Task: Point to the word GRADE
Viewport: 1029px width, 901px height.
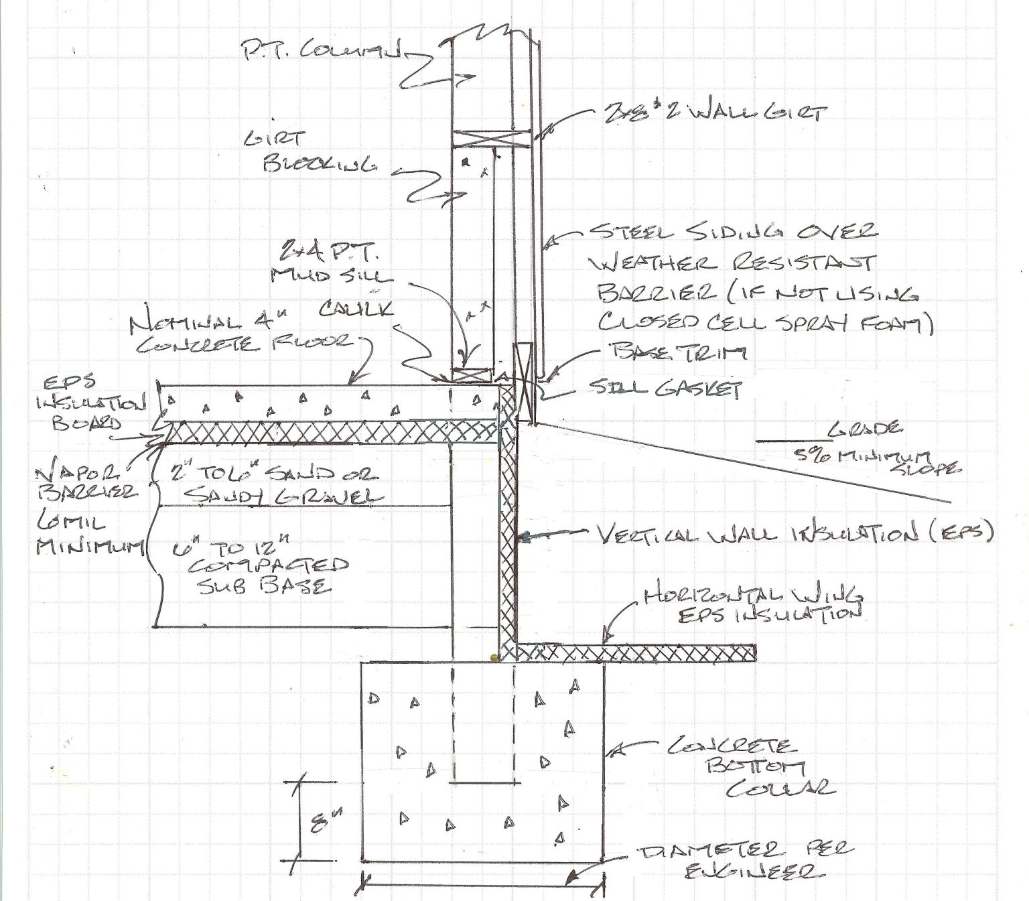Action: click(x=864, y=429)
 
